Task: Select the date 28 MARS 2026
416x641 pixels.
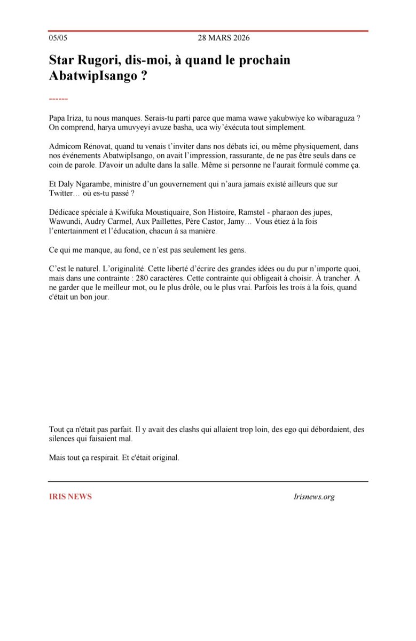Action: (223, 38)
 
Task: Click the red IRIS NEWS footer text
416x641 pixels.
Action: (70, 497)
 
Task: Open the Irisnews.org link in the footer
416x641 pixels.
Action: (314, 497)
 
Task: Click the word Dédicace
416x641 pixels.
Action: (65, 212)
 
